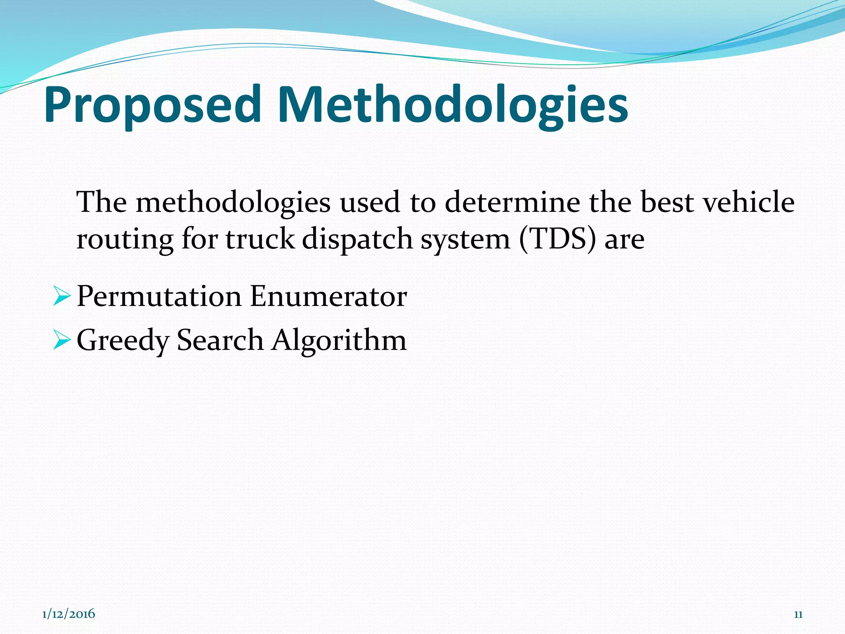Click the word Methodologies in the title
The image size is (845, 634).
(x=453, y=105)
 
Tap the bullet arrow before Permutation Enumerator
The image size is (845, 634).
(x=62, y=297)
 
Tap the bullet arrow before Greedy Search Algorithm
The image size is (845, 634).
(x=62, y=341)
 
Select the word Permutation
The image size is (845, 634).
(x=159, y=297)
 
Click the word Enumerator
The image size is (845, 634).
(x=328, y=297)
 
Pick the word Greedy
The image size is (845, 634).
(x=123, y=341)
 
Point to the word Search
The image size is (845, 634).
(x=220, y=340)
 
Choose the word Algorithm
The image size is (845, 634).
(x=339, y=341)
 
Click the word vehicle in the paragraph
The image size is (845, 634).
(x=748, y=202)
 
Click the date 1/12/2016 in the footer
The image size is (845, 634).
(x=68, y=614)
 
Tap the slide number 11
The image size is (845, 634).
(x=798, y=615)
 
